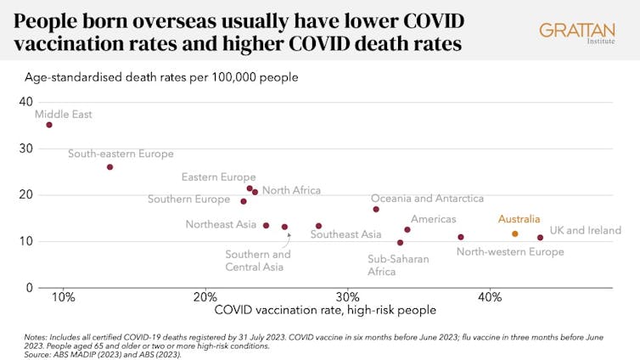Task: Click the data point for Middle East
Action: point(49,125)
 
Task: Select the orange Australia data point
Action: point(514,233)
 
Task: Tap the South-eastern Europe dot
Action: point(109,167)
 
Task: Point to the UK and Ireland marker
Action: point(540,238)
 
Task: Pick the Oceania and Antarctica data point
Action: point(376,210)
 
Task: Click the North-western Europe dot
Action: point(461,237)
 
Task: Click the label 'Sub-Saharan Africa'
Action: point(398,265)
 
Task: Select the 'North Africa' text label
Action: point(291,190)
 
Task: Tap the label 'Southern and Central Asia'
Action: point(258,261)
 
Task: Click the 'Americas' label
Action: point(433,219)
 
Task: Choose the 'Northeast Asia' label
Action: point(221,225)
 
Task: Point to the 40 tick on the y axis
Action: point(25,102)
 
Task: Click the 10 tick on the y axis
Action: point(25,241)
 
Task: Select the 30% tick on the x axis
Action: point(347,297)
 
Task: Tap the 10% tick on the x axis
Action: point(64,297)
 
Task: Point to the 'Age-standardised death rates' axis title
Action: point(161,77)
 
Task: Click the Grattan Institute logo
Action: point(576,33)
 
